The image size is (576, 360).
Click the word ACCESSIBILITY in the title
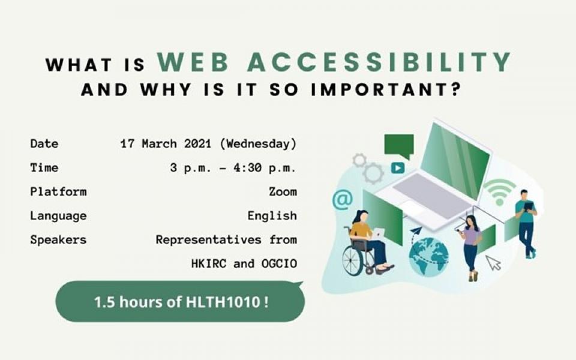pyautogui.click(x=379, y=62)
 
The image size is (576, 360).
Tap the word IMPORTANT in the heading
pyautogui.click(x=386, y=90)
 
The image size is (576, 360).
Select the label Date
pyautogui.click(x=44, y=143)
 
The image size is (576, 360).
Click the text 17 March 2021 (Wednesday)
pyautogui.click(x=208, y=143)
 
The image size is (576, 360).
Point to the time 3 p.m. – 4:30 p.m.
pyautogui.click(x=233, y=168)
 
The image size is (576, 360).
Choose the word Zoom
pyautogui.click(x=283, y=192)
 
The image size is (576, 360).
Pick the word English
pyautogui.click(x=272, y=215)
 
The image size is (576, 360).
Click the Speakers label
pyautogui.click(x=58, y=240)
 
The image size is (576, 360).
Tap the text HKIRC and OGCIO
pyautogui.click(x=244, y=264)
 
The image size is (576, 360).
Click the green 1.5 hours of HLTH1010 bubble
pyautogui.click(x=180, y=302)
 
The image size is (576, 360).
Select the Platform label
pyautogui.click(x=58, y=192)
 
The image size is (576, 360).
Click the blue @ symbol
pyautogui.click(x=343, y=200)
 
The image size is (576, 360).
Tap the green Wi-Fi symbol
pyautogui.click(x=499, y=192)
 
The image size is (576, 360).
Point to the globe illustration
pyautogui.click(x=428, y=256)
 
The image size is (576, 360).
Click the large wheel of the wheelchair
pyautogui.click(x=353, y=260)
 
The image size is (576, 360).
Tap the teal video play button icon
pyautogui.click(x=397, y=168)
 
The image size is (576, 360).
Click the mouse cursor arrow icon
pyautogui.click(x=493, y=263)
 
